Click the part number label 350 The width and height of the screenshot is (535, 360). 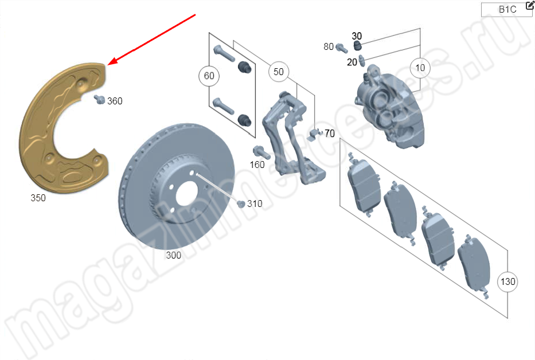tap(38, 198)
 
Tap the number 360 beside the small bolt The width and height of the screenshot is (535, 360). tap(115, 101)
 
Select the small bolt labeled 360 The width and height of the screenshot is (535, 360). tap(100, 100)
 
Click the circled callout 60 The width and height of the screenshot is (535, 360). tap(209, 76)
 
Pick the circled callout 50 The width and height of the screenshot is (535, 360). tap(279, 72)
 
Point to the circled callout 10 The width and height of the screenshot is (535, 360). tap(420, 68)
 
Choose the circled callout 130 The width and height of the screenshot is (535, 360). tap(507, 281)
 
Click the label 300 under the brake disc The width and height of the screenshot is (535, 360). tap(173, 255)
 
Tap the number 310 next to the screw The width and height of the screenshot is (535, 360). tap(255, 204)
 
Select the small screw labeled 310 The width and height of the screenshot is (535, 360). tap(241, 204)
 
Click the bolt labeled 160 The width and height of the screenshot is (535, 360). tap(261, 152)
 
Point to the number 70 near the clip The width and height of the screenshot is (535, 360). tap(330, 134)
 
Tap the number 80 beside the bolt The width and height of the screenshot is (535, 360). tap(329, 46)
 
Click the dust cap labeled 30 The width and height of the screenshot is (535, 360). tap(357, 45)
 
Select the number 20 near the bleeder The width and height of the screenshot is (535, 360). tap(352, 62)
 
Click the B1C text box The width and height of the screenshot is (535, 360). tap(506, 10)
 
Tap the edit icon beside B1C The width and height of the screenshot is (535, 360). tap(530, 5)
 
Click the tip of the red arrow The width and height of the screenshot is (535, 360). tap(108, 65)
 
